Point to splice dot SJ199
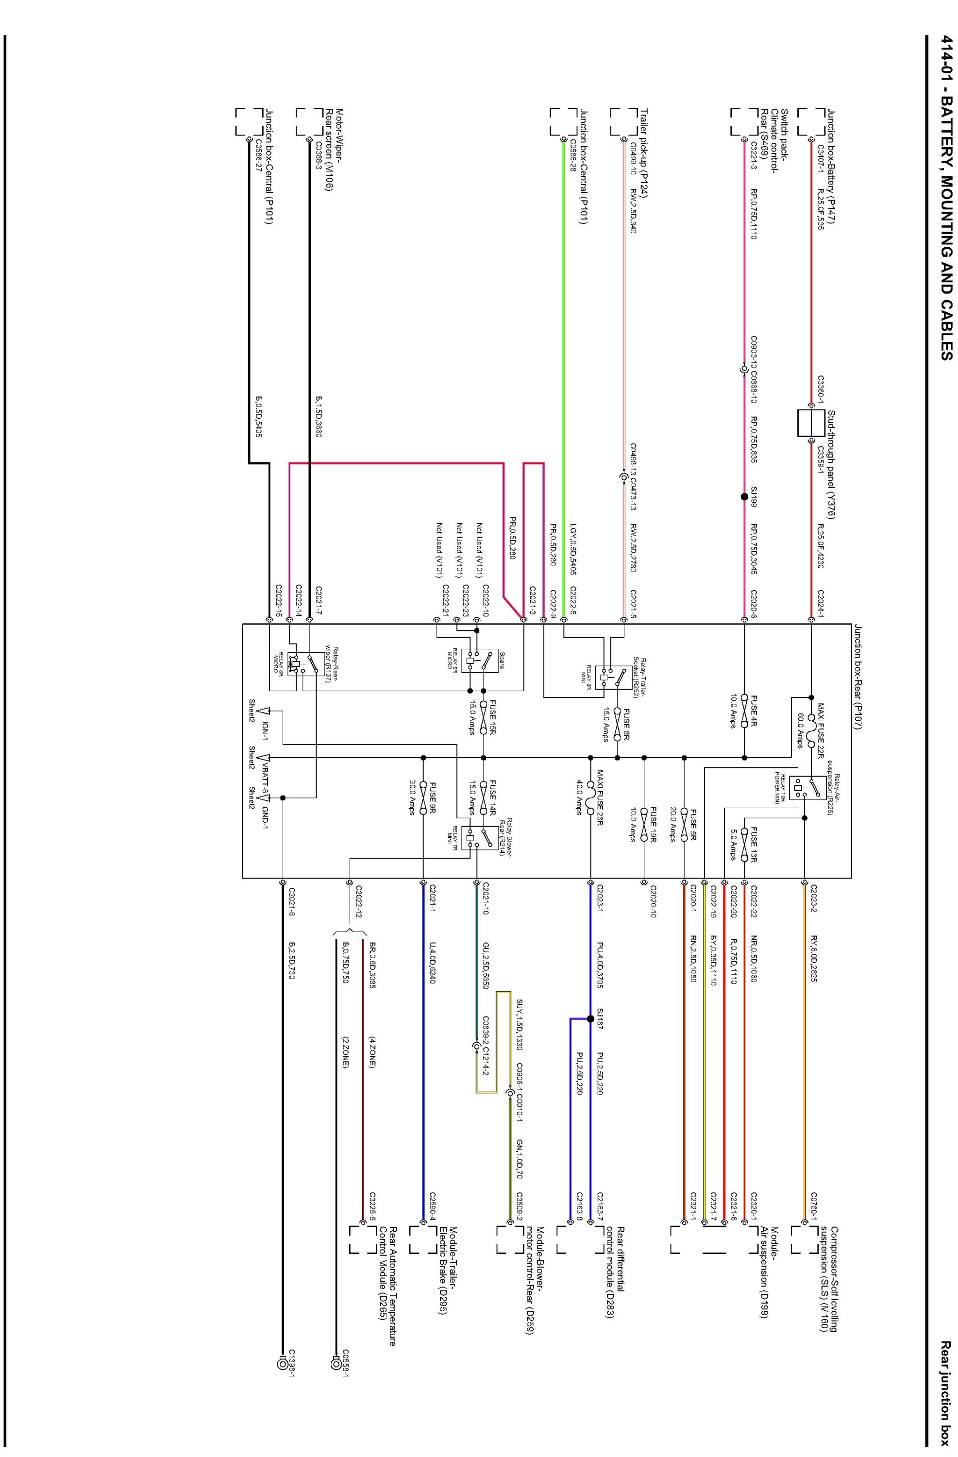(744, 479)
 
